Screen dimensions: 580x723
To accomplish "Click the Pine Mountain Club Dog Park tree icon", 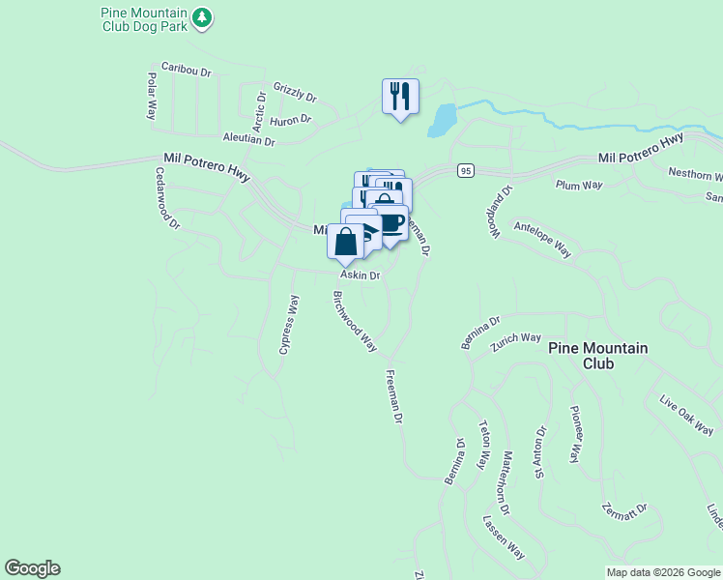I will [201, 16].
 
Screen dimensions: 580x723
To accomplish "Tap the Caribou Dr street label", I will [185, 69].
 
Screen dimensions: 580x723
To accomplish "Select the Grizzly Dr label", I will [295, 92].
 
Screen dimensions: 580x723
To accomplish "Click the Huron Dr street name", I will [290, 120].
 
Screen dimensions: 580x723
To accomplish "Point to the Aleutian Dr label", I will [248, 140].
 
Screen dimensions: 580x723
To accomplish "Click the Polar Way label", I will [152, 95].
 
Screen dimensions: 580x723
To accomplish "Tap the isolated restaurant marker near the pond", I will [400, 97].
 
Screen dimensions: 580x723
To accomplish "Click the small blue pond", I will [441, 120].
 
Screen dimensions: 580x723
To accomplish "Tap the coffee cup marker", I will [390, 223].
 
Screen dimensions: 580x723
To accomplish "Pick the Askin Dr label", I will [361, 275].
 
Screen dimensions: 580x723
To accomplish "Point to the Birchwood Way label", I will [355, 321].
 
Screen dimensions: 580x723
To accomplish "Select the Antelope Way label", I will [542, 238].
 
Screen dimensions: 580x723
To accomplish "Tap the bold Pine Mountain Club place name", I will [597, 356].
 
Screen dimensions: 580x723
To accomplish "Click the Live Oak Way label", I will [686, 415].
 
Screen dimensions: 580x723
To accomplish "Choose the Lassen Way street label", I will [504, 537].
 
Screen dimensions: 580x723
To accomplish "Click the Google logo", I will [32, 568].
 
